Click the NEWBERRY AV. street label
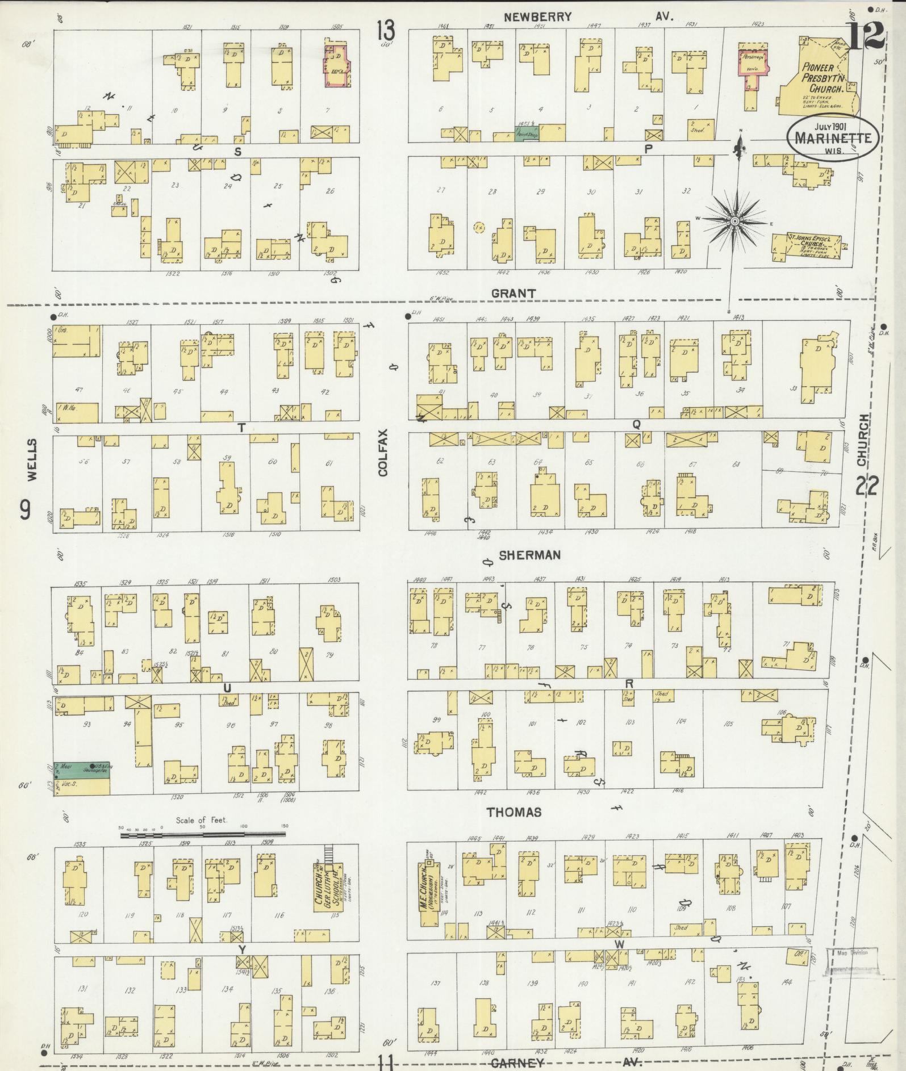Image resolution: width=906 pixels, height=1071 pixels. (588, 17)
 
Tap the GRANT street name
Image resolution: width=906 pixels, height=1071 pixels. (513, 294)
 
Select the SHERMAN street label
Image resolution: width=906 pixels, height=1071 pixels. (529, 555)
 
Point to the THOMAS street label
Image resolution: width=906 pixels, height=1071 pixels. (513, 813)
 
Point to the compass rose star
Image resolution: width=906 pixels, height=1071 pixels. (734, 220)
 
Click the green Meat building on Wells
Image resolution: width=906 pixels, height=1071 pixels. (82, 769)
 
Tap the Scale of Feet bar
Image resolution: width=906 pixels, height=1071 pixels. (203, 835)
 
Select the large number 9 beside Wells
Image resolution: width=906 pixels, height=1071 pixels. (26, 512)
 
